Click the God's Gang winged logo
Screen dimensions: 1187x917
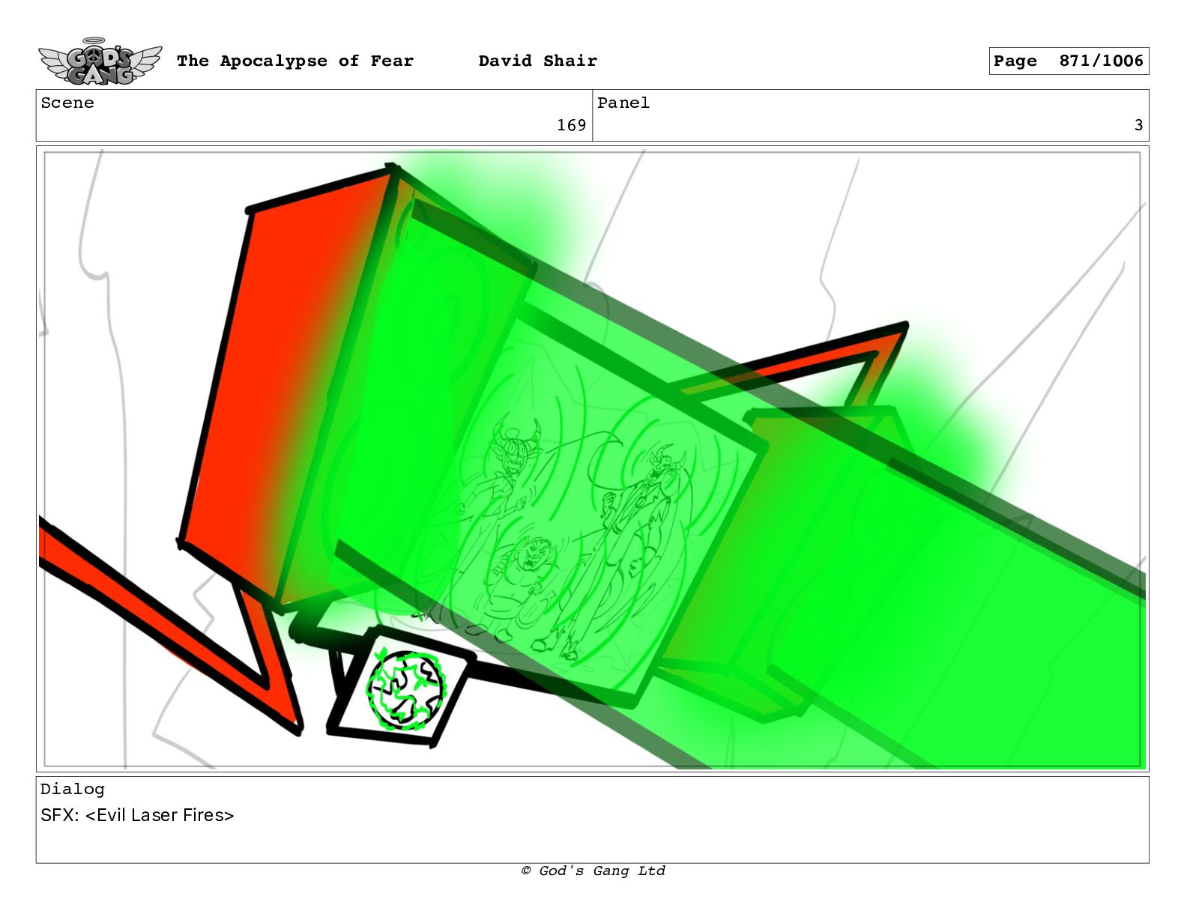[x=100, y=61]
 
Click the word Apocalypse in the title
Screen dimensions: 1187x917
[x=274, y=61]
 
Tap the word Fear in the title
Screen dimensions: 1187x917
[x=392, y=61]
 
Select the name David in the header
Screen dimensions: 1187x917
[x=505, y=61]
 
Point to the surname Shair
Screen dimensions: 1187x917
[x=570, y=61]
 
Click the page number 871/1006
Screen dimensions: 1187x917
[x=1101, y=61]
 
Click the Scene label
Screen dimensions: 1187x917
[x=67, y=103]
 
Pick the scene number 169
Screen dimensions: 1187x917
[x=571, y=125]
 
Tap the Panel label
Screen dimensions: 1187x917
[x=623, y=103]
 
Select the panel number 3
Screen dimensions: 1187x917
[x=1138, y=125]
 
